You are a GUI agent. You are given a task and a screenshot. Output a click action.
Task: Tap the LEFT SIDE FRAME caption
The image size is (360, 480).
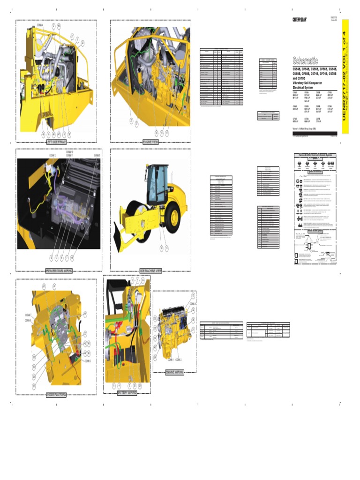click(x=56, y=142)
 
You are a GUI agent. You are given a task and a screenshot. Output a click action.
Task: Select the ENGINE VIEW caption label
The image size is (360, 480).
click(x=150, y=142)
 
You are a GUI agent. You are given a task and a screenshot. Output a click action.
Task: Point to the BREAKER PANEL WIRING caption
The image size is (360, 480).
click(x=59, y=271)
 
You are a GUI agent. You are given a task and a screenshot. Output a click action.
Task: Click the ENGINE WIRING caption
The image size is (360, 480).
click(x=174, y=373)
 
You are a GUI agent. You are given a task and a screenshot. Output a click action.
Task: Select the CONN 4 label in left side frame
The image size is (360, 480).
click(x=40, y=25)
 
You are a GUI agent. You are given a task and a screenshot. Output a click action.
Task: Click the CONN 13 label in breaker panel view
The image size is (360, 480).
click(x=52, y=155)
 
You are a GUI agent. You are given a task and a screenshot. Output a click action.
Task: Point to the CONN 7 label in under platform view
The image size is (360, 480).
click(x=28, y=315)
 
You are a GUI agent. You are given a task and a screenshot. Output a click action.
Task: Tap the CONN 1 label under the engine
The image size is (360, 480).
click(x=170, y=360)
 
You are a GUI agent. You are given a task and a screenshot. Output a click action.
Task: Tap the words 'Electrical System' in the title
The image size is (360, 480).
click(x=305, y=87)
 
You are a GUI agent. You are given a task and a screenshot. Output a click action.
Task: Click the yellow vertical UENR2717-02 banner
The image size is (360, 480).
click(x=345, y=76)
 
